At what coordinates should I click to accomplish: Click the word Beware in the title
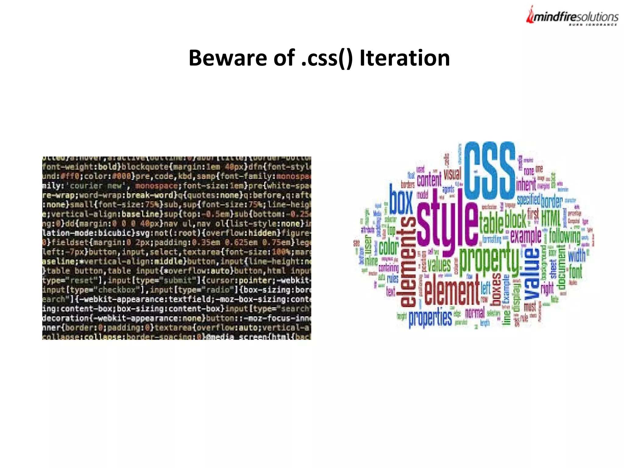pos(227,58)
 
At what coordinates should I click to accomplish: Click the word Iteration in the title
pos(404,58)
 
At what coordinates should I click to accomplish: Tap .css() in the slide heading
pos(326,58)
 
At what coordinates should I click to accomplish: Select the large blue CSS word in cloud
pos(489,171)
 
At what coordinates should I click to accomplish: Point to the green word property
pos(489,259)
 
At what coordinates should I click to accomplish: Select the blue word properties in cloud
pos(430,318)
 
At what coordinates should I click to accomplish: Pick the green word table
pos(491,223)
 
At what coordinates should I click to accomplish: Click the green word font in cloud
pos(575,271)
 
